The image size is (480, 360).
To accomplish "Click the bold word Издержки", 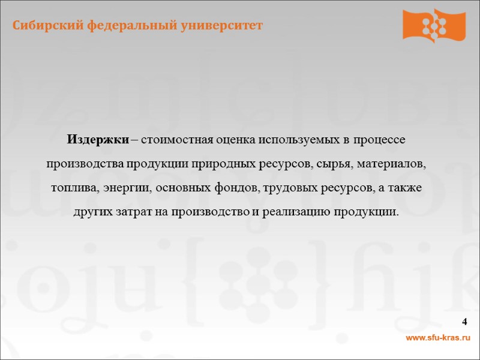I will click(98, 140).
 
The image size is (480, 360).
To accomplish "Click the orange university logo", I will click(434, 26).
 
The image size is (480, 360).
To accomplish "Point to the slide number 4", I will click(465, 323).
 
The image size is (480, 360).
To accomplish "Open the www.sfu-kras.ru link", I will click(438, 339).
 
